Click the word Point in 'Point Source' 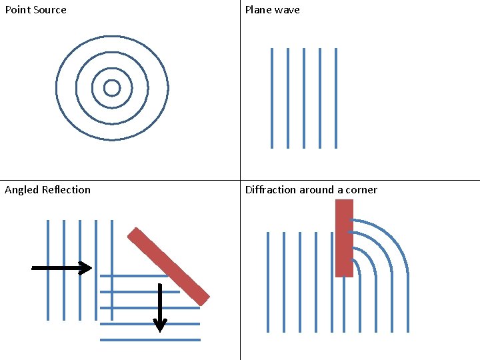(17, 10)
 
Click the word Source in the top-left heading (49, 10)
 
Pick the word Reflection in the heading (66, 190)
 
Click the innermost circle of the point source (112, 81)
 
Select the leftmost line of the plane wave (272, 98)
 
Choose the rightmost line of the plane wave (336, 98)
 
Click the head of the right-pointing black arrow (86, 268)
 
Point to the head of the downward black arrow (160, 325)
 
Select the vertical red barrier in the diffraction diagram (344, 238)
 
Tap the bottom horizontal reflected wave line (150, 340)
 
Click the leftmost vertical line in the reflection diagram (48, 270)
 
